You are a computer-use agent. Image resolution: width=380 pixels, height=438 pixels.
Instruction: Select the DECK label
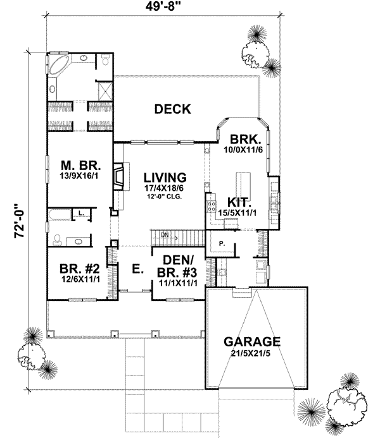(x=172, y=109)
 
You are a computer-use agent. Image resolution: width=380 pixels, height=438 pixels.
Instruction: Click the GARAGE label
(x=252, y=343)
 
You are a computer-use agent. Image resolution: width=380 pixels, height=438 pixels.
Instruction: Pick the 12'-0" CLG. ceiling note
(x=164, y=197)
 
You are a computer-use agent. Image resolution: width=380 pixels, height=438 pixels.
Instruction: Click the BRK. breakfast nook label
(x=243, y=139)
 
